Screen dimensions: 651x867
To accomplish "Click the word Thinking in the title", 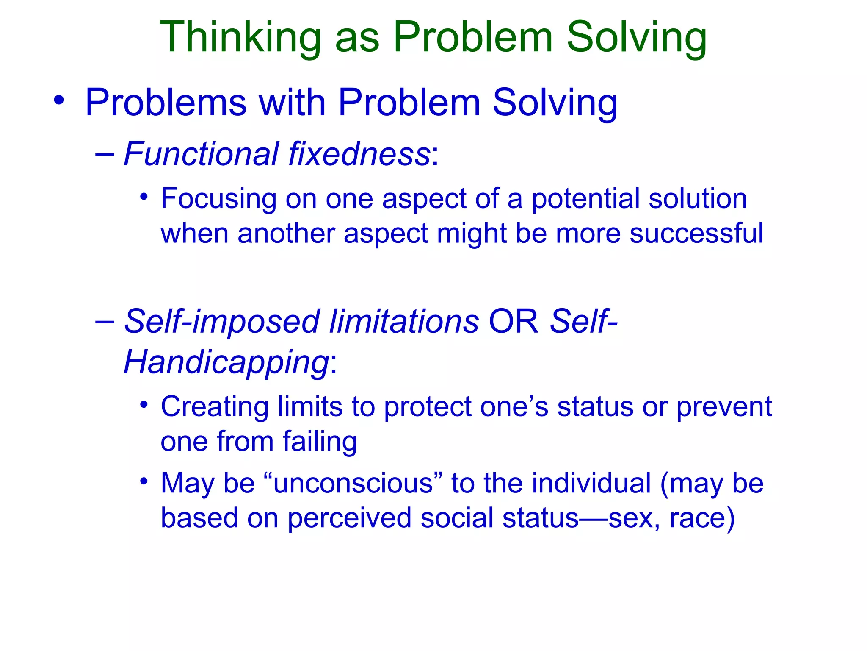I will [x=240, y=38].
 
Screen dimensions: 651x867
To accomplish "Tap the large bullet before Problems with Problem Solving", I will [x=59, y=101].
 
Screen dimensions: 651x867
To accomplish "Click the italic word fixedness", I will [x=359, y=153].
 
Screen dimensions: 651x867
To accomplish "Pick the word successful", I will [x=696, y=233].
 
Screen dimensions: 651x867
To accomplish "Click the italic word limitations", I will [x=404, y=321].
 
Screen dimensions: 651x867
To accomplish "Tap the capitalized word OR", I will [x=514, y=321].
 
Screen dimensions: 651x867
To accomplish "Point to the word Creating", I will [x=215, y=407].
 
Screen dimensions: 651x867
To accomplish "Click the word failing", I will [x=320, y=442].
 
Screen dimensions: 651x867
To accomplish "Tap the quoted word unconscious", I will [x=353, y=483].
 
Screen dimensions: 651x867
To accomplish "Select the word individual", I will [x=591, y=483].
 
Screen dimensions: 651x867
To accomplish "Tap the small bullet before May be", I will [x=144, y=481].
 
